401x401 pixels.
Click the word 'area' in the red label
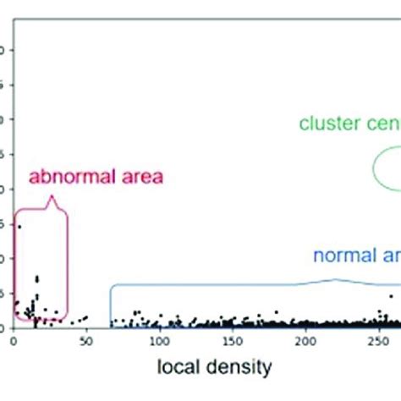click(138, 178)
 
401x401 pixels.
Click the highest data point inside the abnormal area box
click(19, 227)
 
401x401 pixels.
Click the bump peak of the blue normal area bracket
click(336, 279)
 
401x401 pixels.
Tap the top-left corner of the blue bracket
click(111, 286)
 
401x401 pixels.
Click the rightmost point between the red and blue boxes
click(85, 318)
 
